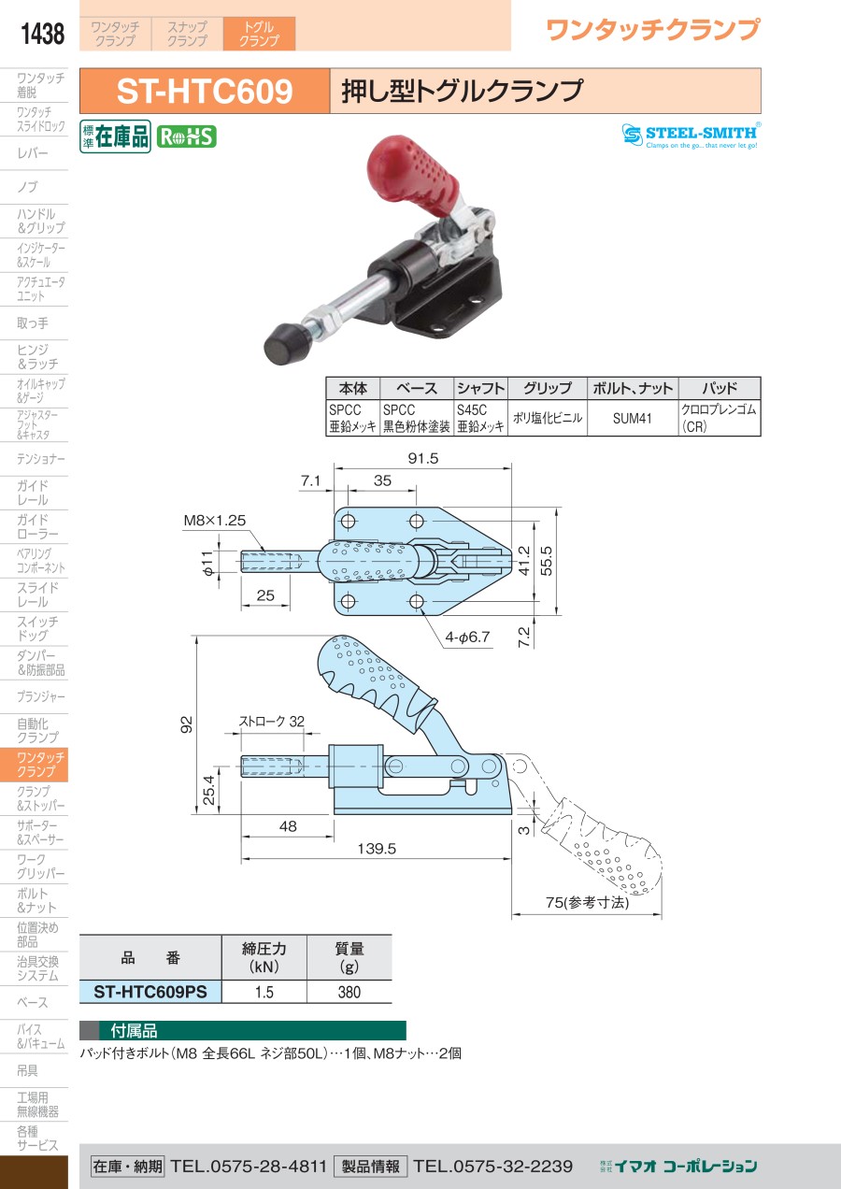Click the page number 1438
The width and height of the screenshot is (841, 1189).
coord(42,34)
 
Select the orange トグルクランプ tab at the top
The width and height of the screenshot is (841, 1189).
coord(259,34)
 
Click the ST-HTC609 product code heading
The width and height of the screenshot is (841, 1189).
coord(205,91)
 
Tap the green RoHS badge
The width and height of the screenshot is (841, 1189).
coord(187,136)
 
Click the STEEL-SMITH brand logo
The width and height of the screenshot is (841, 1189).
coord(691,136)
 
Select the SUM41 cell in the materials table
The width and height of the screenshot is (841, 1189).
coord(632,418)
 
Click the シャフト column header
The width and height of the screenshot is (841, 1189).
coord(480,388)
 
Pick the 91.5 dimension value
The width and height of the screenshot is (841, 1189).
coord(423,458)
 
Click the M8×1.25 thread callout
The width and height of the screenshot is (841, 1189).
coord(215,520)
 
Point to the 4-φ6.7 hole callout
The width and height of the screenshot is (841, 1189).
coord(467,637)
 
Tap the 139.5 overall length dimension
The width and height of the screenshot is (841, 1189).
coord(377,848)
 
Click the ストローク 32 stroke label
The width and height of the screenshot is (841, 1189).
coord(271,721)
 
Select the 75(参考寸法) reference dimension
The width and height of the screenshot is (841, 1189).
coord(588,902)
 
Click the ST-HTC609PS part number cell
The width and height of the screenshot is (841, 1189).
coord(150,992)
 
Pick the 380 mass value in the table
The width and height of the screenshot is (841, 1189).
coord(349,992)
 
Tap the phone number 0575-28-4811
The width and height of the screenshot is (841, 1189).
coord(248,1166)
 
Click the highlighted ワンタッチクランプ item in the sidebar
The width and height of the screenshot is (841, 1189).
coord(34,765)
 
